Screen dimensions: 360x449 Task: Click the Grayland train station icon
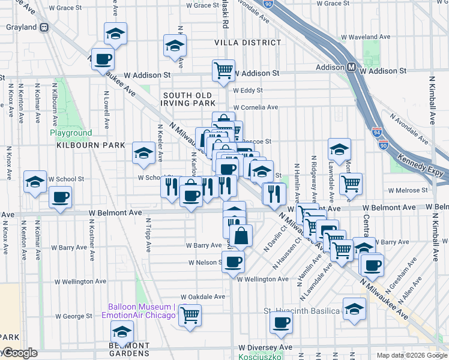(44, 27)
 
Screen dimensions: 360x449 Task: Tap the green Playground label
(71, 133)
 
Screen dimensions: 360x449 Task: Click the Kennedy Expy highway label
(423, 164)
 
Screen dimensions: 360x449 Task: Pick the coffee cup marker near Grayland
(103, 59)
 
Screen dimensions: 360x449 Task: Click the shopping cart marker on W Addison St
(223, 70)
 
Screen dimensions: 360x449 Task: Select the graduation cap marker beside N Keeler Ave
(144, 154)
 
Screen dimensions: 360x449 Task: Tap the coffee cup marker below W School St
(60, 197)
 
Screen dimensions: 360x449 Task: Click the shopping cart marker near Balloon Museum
(190, 314)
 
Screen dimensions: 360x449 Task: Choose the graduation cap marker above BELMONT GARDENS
(122, 331)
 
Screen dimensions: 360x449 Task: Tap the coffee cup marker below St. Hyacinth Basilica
(280, 323)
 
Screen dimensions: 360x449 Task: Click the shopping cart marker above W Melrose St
(351, 184)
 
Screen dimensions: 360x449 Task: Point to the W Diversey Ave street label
(265, 347)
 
